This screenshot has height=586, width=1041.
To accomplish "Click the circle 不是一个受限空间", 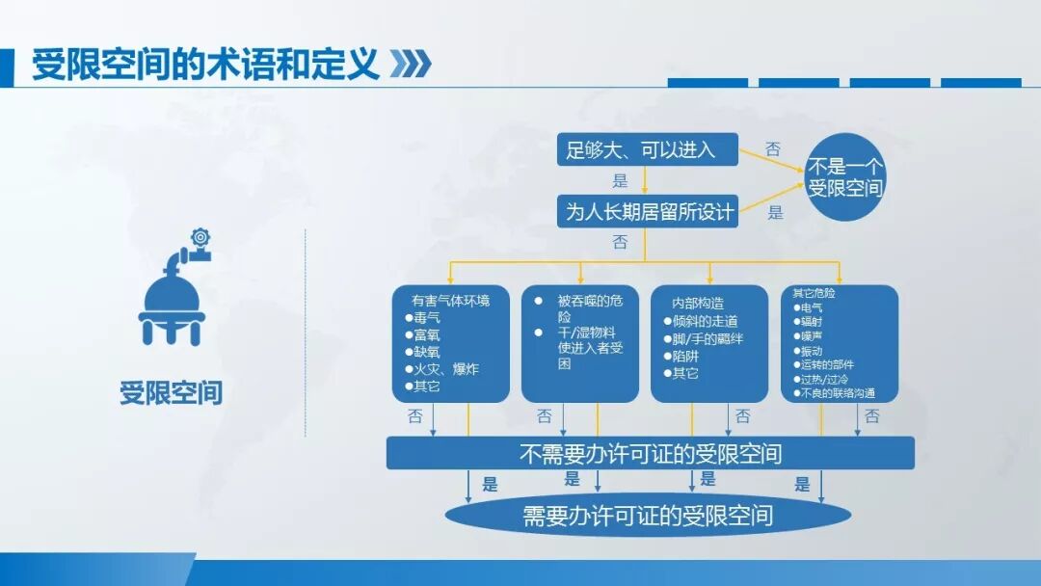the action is [844, 177].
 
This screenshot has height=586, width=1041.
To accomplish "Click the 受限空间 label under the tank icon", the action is [171, 393].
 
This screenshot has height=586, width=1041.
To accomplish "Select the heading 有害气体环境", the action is [450, 300].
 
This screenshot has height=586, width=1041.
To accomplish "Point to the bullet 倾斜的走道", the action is [705, 322].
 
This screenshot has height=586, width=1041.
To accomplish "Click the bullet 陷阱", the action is [686, 356].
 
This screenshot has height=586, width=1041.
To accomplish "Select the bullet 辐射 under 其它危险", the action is [812, 322].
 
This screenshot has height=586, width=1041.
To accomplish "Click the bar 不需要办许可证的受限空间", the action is [650, 453].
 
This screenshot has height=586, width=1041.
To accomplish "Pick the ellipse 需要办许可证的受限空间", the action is [648, 515].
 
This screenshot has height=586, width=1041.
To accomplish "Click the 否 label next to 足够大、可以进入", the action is [773, 149].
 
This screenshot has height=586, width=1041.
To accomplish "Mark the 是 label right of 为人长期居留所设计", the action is [776, 214].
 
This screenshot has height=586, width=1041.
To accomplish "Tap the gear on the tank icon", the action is [200, 237].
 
